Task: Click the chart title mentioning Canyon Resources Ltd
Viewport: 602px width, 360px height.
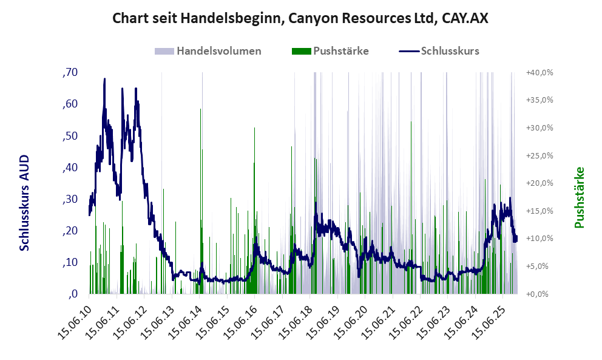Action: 300,19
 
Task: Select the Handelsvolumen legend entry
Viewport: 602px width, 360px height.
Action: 208,51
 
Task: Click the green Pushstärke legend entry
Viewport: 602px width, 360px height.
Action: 330,51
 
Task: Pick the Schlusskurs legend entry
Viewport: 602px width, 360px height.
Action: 439,51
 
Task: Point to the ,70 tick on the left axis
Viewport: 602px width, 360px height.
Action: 70,73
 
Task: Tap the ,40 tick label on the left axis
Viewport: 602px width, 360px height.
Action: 70,168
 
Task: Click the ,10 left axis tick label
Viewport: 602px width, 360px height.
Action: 70,262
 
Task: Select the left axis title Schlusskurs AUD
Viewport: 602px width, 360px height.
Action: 24,203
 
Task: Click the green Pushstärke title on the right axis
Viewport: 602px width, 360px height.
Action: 579,198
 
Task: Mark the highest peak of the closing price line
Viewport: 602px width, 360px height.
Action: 104,79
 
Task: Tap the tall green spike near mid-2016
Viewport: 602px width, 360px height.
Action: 254,129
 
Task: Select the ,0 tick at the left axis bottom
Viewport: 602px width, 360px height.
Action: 72,294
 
